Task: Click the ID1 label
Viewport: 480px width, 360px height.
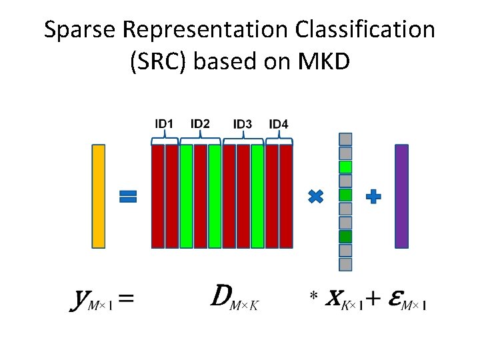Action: [165, 124]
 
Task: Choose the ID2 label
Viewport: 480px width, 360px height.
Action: [200, 124]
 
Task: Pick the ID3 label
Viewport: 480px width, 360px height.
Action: [243, 124]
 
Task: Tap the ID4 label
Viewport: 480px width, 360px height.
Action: [279, 124]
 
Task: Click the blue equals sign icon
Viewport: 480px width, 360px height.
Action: [128, 196]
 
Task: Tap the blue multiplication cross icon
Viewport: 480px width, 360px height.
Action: [316, 196]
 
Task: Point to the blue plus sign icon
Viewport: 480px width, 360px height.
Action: [374, 196]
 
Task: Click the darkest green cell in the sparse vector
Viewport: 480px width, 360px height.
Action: [345, 237]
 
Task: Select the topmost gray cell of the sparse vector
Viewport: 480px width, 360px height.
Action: [345, 139]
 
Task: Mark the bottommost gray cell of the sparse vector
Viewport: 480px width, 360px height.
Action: [345, 265]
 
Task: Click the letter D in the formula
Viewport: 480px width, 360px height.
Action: [223, 295]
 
